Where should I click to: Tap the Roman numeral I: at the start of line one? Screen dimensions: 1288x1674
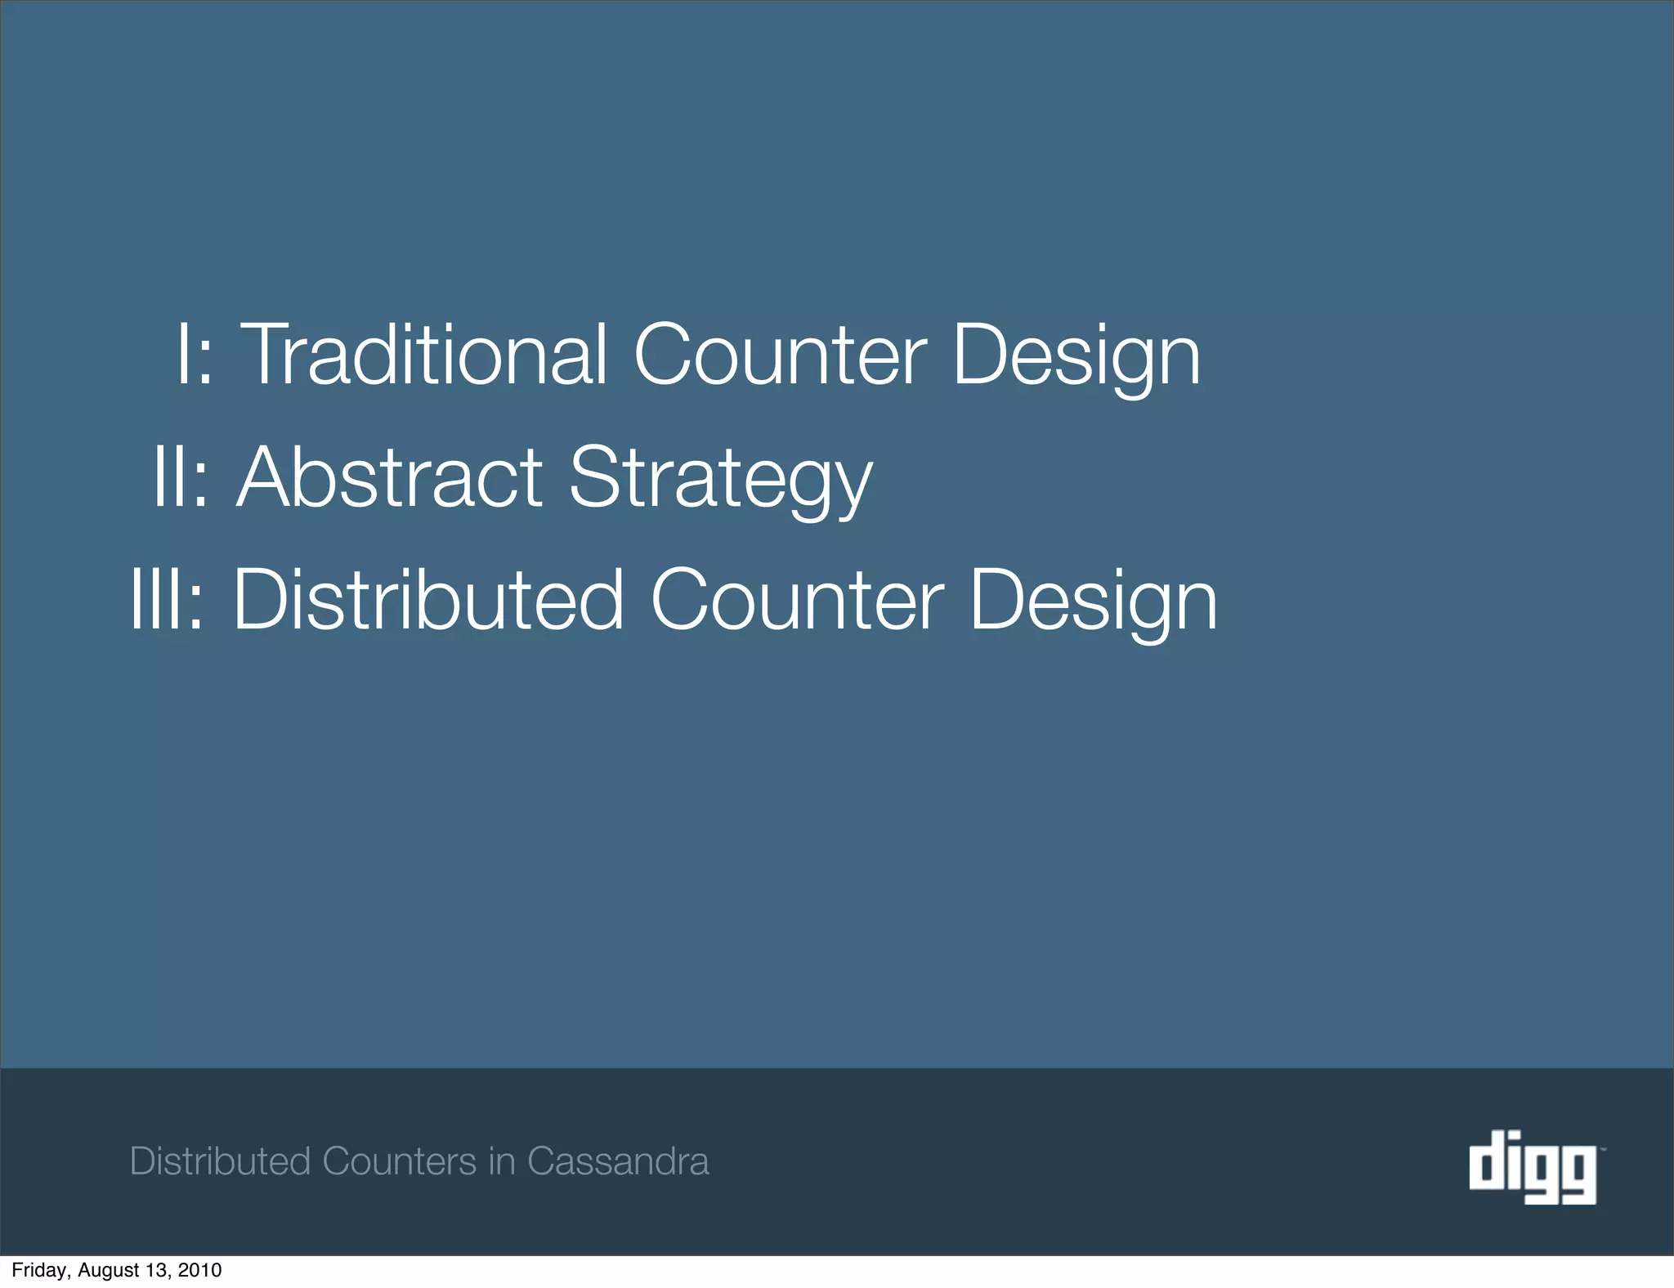(195, 356)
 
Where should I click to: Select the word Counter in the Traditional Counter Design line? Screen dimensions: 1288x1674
(780, 356)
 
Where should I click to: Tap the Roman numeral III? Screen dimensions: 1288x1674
(168, 601)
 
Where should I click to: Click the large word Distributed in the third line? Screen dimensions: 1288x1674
(428, 601)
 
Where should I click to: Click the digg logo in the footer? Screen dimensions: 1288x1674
(1533, 1166)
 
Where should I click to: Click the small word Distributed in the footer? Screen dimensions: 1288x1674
(221, 1161)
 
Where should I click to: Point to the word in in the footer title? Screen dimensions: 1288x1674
(502, 1161)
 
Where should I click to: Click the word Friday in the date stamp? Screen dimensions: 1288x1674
(40, 1270)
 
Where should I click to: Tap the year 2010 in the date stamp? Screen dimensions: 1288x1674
(199, 1270)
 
